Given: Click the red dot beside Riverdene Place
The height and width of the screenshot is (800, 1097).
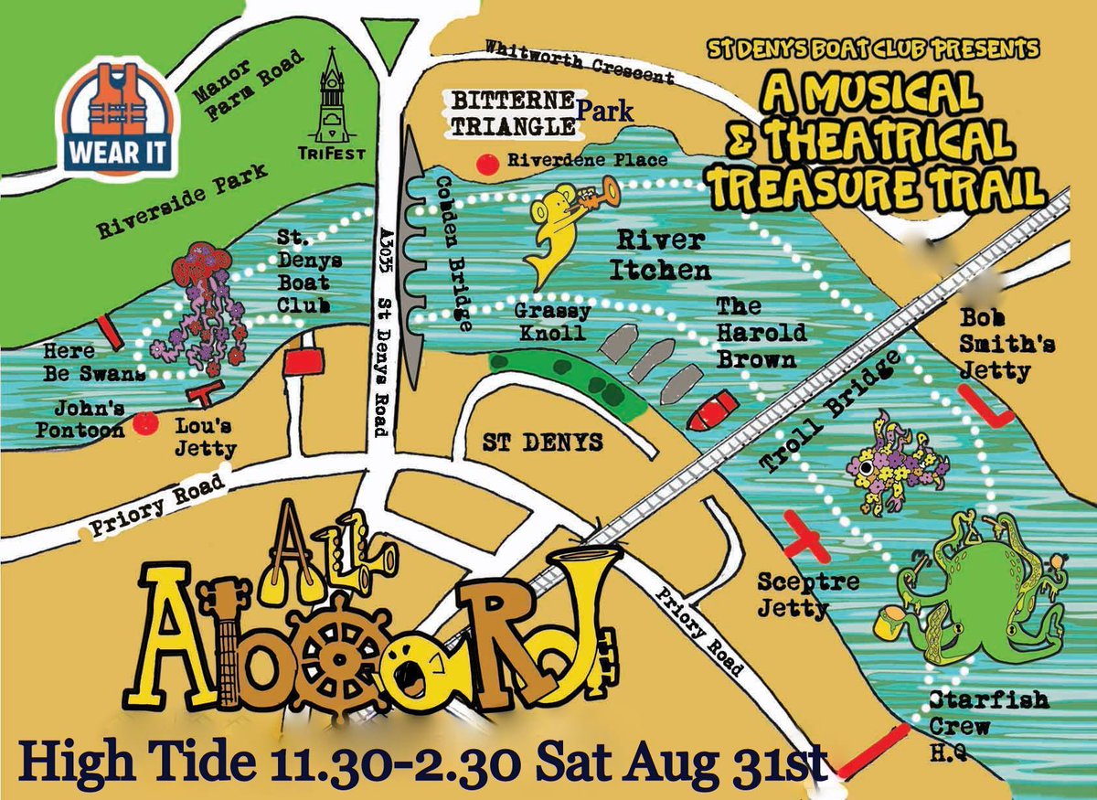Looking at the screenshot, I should click(489, 164).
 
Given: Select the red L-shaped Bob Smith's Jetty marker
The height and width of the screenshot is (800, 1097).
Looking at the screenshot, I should click(984, 407).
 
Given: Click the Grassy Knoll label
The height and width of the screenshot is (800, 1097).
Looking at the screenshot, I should click(554, 322).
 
